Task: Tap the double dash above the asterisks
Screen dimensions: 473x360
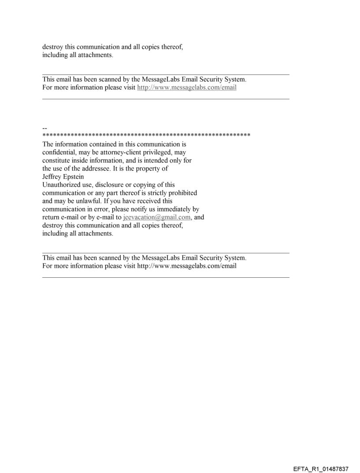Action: point(45,128)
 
